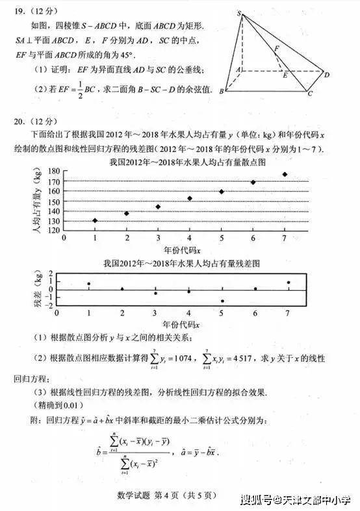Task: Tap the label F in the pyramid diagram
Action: (277, 48)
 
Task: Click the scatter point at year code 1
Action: (95, 221)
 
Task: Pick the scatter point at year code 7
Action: (285, 174)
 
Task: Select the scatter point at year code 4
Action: (190, 198)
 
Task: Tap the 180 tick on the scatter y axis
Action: (54, 171)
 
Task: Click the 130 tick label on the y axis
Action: (54, 221)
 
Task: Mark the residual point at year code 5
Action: (222, 301)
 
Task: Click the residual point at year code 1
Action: (89, 284)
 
